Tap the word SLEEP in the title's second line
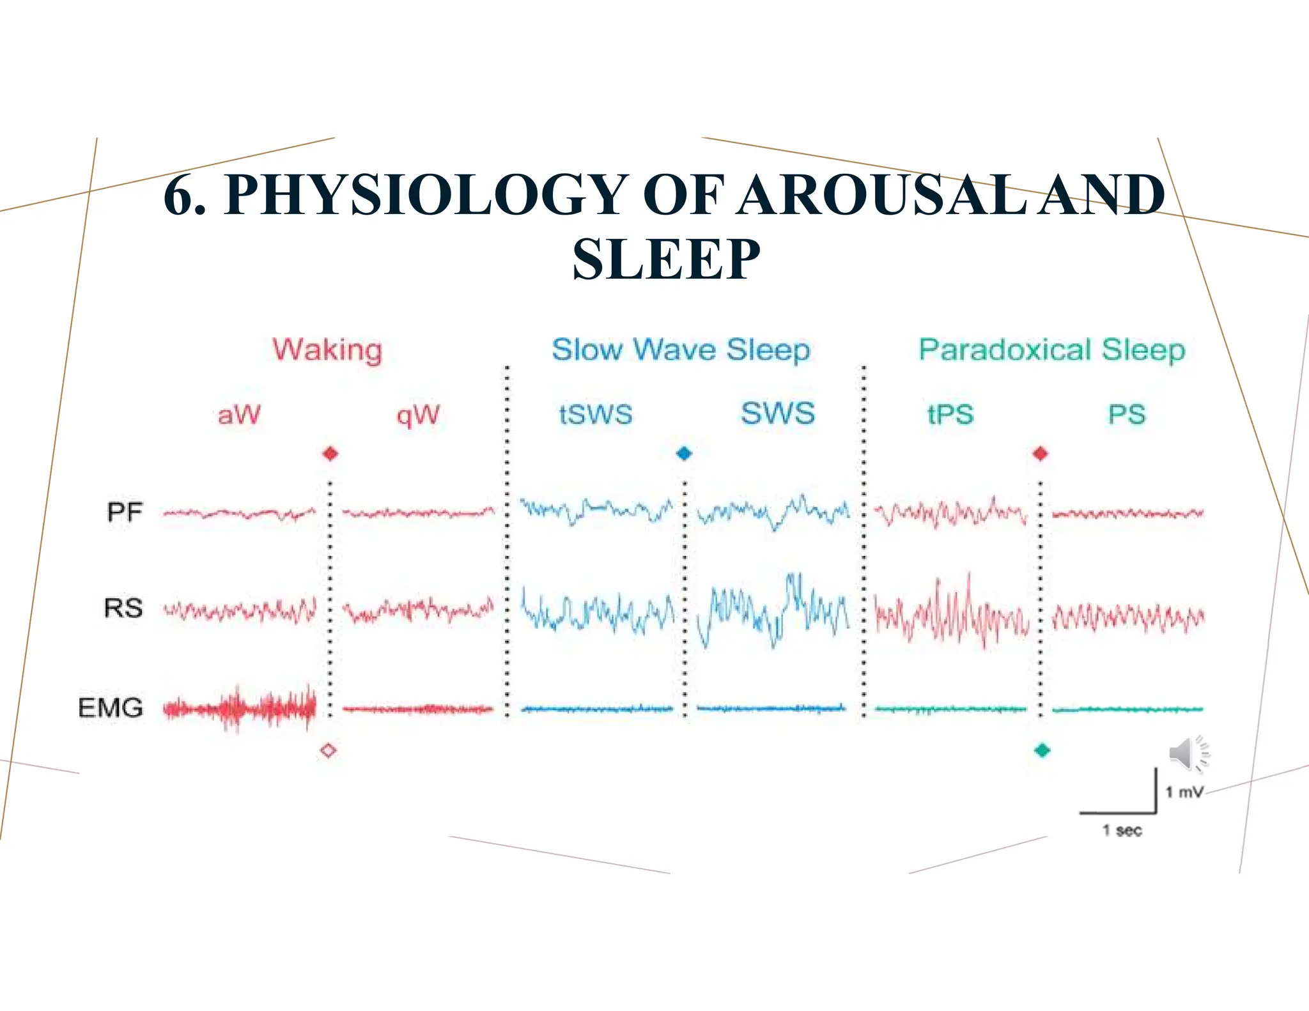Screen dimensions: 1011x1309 pos(666,259)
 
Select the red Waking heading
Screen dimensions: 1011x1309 pos(327,350)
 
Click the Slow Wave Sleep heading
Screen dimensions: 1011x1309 pos(681,350)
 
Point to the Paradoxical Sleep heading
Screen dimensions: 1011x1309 pos(1052,350)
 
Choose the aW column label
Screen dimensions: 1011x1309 pos(239,415)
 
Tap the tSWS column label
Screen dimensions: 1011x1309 pos(596,414)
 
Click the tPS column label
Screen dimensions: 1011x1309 pos(950,414)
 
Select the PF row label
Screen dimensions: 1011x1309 pos(124,512)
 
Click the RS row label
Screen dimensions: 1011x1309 pos(123,607)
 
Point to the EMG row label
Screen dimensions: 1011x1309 pos(111,707)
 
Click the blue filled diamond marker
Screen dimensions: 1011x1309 pos(684,454)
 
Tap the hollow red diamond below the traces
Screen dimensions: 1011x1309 pos(329,750)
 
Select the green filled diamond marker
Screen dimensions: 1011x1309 pos(1042,750)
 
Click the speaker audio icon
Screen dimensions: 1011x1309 pos(1188,754)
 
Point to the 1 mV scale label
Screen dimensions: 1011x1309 pos(1184,792)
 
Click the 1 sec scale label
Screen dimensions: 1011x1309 pos(1122,830)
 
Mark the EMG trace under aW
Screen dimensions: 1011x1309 pos(240,708)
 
